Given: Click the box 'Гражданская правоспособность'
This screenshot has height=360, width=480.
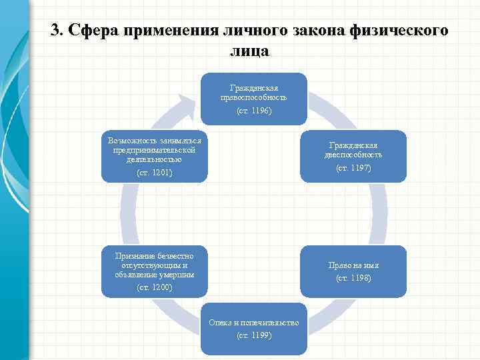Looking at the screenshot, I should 253,98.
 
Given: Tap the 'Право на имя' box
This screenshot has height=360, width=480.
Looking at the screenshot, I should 353,271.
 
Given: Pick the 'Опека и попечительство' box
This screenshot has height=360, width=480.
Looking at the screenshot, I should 253,329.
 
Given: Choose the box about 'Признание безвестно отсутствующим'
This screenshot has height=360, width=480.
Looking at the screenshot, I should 154,271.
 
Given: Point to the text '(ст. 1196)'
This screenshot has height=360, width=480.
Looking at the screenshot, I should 254,111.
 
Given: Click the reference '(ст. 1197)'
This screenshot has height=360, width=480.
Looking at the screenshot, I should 353,168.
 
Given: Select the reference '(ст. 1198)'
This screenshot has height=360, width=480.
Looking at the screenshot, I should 353,277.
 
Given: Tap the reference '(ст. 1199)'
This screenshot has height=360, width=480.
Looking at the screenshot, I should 254,335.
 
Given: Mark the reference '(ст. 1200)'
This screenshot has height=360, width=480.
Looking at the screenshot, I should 154,287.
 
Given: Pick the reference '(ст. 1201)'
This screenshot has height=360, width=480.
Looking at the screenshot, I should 154,173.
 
